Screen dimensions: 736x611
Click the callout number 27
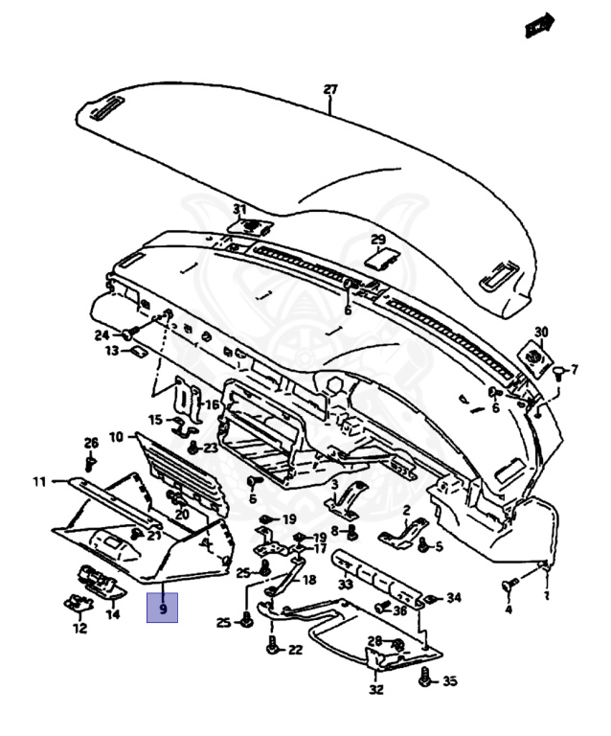[x=330, y=90]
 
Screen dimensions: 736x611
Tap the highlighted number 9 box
[x=163, y=608]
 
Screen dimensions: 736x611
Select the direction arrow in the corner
[x=540, y=26]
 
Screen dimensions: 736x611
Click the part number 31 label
[x=239, y=209]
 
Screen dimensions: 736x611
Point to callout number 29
[x=378, y=239]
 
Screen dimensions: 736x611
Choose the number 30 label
[x=541, y=332]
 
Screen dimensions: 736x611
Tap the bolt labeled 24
[x=127, y=334]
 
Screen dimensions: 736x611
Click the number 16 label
[x=212, y=405]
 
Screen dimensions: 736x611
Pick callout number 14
[x=113, y=614]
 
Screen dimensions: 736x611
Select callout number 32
[x=376, y=688]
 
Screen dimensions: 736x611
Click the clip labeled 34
[x=431, y=599]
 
